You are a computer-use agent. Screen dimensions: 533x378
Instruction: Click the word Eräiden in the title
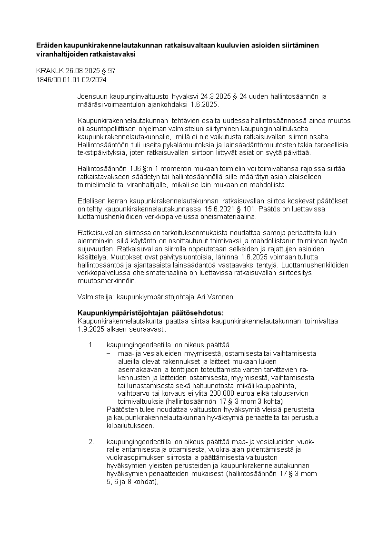coord(50,45)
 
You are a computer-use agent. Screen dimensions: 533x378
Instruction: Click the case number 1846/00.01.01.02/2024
coord(71,79)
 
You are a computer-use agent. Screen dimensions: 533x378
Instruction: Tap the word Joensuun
coord(92,96)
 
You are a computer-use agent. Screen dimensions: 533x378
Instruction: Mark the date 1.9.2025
coord(90,329)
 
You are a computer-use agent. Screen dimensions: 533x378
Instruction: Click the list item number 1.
coord(92,345)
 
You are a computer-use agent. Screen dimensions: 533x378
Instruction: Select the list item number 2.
coord(92,442)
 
